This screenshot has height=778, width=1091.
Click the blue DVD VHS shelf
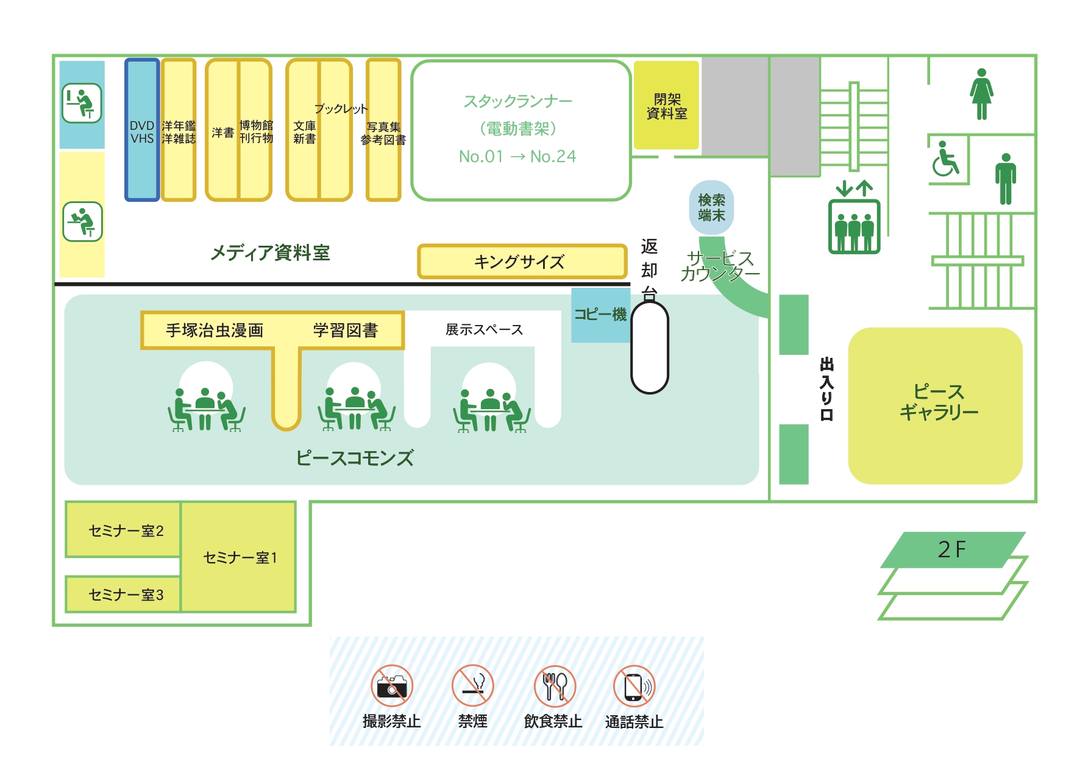point(142,130)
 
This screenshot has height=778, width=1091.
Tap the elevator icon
point(854,218)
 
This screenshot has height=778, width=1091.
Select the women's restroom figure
point(981,94)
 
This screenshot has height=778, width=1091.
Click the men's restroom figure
point(1005,179)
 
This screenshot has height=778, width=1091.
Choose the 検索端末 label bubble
point(711,207)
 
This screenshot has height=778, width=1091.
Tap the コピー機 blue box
point(600,315)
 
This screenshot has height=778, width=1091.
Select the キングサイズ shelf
point(522,262)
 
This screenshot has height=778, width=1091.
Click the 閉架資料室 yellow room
point(666,105)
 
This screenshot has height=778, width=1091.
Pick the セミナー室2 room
point(123,530)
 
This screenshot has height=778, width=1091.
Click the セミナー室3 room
point(123,594)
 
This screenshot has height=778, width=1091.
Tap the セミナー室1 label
point(240,558)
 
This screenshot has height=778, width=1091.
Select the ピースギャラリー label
point(939,402)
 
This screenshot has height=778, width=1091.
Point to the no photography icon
point(392,685)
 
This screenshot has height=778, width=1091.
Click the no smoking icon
point(472,685)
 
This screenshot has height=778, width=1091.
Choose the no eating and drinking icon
point(554,685)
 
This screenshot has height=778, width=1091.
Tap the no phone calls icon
point(634,685)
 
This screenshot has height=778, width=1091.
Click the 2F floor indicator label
point(951,549)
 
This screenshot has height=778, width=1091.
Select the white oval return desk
point(650,347)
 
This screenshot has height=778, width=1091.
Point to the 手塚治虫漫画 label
point(215,330)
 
